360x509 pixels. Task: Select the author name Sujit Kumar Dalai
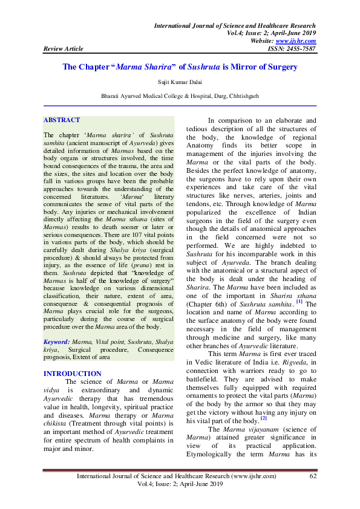point(180,80)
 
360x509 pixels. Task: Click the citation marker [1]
point(299,284)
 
